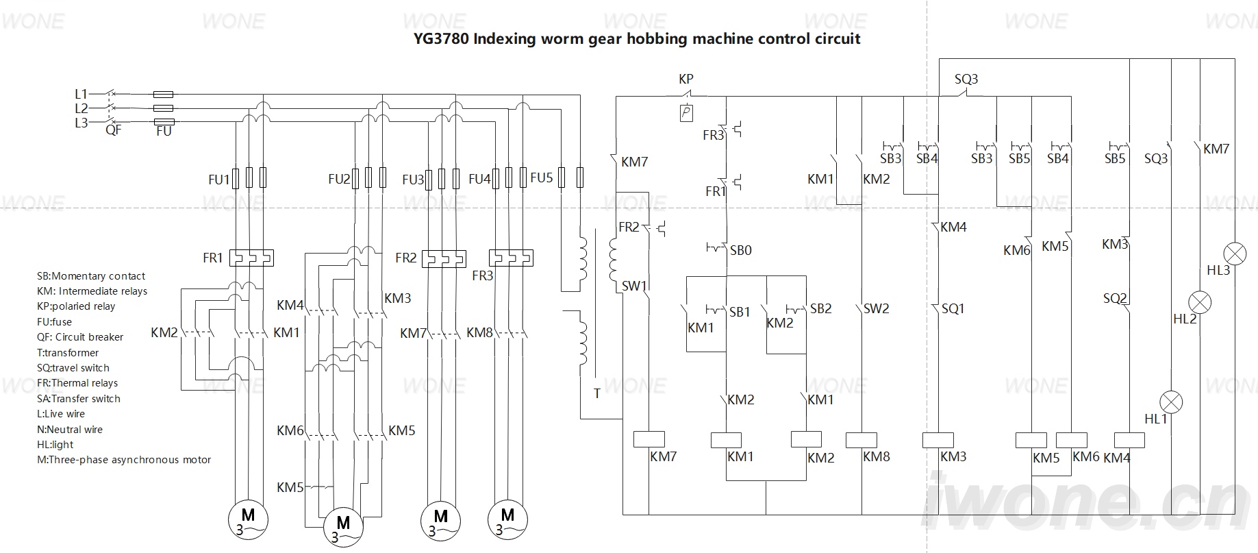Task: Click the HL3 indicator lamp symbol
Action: pyautogui.click(x=1235, y=253)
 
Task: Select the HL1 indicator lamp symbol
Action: pyautogui.click(x=1172, y=401)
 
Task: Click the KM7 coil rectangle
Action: pyautogui.click(x=649, y=439)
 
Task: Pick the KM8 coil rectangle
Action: pyautogui.click(x=861, y=440)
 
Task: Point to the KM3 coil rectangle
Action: pyautogui.click(x=938, y=440)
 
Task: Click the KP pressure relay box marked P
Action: pyautogui.click(x=686, y=113)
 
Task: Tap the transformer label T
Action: pyautogui.click(x=597, y=393)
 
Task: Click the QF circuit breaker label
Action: pyautogui.click(x=113, y=130)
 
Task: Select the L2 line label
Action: pyautogui.click(x=81, y=108)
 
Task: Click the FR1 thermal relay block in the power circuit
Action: pyautogui.click(x=251, y=258)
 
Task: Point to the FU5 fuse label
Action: pyautogui.click(x=541, y=177)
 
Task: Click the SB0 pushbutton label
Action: pyautogui.click(x=740, y=250)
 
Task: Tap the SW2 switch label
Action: pyautogui.click(x=876, y=308)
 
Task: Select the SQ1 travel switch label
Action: pyautogui.click(x=953, y=308)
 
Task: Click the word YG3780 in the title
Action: pyautogui.click(x=441, y=38)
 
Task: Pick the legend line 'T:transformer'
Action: pyautogui.click(x=68, y=353)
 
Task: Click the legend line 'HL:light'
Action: pyautogui.click(x=55, y=445)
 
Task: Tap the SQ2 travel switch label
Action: pyautogui.click(x=1115, y=298)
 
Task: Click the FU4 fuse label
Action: pyautogui.click(x=479, y=180)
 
